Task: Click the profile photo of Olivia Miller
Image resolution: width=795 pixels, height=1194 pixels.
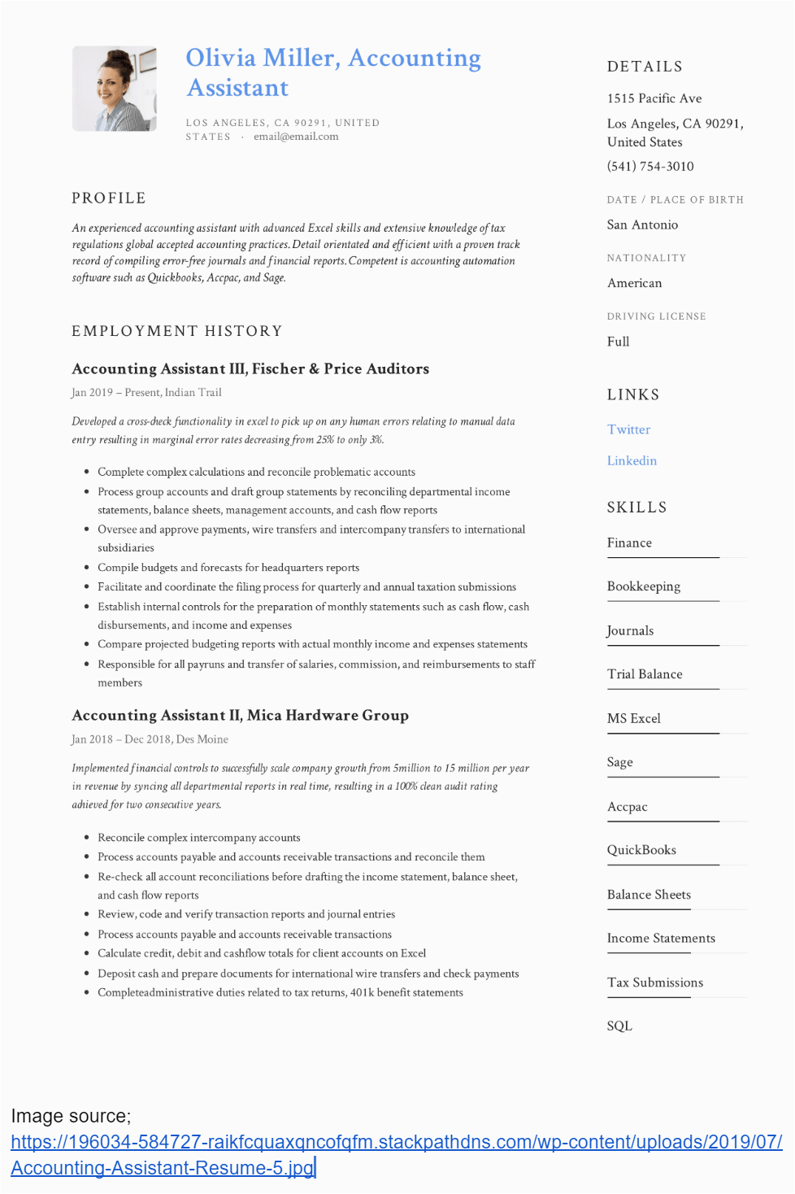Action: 115,89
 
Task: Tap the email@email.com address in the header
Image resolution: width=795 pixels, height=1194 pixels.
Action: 296,137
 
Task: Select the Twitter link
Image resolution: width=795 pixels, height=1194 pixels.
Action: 628,429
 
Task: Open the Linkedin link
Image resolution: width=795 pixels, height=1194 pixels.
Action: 632,460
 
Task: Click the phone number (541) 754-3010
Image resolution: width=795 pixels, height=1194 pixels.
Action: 650,166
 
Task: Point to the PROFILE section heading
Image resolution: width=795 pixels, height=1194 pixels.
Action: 109,198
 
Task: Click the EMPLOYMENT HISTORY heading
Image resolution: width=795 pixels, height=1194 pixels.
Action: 177,331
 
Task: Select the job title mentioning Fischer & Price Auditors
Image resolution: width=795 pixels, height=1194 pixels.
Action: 250,368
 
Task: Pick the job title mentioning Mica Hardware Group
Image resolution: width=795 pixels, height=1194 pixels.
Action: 240,715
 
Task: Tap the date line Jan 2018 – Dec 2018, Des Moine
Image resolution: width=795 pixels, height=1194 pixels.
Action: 150,739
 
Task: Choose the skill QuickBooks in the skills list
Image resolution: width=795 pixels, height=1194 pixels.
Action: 641,850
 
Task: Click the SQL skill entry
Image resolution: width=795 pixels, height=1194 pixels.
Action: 619,1026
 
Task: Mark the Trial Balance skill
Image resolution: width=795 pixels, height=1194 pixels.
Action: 645,674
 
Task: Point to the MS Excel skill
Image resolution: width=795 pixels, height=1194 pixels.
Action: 634,718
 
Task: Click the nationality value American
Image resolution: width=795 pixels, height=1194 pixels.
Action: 634,283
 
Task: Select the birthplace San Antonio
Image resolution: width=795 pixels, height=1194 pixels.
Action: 642,224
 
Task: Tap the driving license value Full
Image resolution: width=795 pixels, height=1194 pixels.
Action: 618,342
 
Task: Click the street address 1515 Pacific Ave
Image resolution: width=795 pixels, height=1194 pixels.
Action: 654,98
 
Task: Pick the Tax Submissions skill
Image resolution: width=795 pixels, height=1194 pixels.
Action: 655,983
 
